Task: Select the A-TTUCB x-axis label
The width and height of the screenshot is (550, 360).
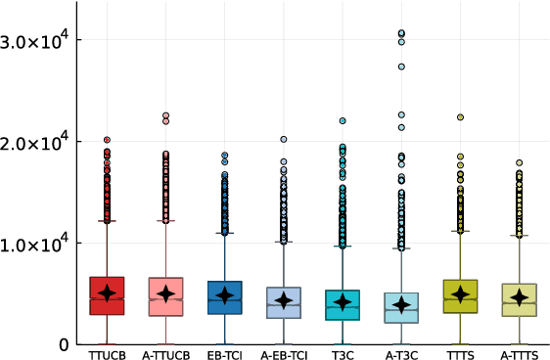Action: (165, 352)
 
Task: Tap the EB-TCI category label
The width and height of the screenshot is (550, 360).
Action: (225, 352)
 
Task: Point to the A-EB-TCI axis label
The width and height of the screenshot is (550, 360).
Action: (284, 352)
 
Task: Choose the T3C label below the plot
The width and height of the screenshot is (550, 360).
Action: (343, 352)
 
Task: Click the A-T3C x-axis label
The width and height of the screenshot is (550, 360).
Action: (401, 352)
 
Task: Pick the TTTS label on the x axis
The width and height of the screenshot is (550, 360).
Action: (460, 352)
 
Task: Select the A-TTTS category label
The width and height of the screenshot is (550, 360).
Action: (519, 352)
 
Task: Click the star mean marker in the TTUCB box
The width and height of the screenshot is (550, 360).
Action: (107, 292)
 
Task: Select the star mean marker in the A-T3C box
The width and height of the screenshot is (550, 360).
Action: (401, 305)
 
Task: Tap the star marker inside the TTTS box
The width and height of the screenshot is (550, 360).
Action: (460, 294)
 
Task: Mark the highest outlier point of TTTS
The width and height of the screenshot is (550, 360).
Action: (460, 117)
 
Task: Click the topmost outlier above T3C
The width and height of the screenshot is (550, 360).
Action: (343, 121)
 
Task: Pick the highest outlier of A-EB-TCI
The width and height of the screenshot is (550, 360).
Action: (284, 140)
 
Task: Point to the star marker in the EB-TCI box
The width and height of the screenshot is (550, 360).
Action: (225, 295)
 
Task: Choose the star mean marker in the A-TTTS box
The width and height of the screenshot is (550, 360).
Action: (519, 297)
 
